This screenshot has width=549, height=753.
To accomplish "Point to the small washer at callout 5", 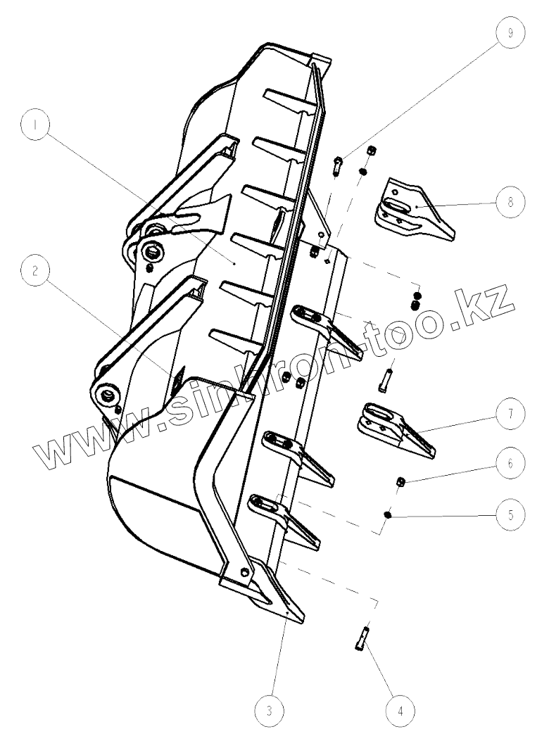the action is click(x=388, y=515).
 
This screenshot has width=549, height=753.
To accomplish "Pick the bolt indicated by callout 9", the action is click(x=338, y=167).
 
